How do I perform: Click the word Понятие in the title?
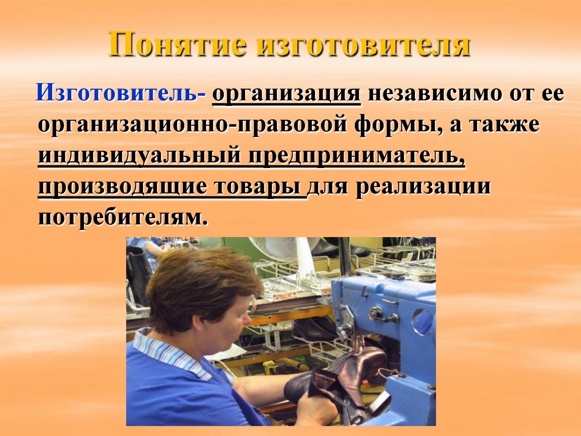[x=177, y=44]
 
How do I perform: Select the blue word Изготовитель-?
[x=120, y=94]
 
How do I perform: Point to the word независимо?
[x=433, y=94]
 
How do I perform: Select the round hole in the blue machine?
[x=423, y=322]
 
